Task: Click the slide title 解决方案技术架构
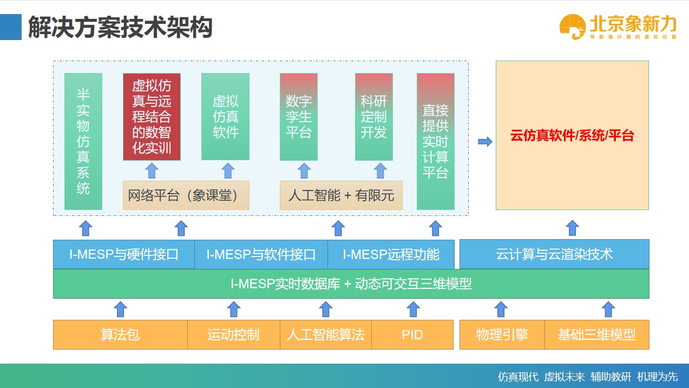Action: click(120, 27)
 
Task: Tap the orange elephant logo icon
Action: click(573, 27)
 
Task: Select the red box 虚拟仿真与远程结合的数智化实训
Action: click(152, 117)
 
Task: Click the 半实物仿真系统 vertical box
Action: click(83, 141)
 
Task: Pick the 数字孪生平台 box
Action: click(299, 117)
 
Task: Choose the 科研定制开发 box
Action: click(373, 117)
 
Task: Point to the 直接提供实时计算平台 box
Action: click(436, 141)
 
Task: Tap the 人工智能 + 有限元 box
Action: click(341, 195)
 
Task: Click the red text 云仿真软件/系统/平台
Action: click(572, 135)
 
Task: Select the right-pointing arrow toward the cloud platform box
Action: click(485, 142)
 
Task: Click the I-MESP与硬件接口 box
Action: click(124, 254)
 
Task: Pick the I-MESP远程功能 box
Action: click(391, 254)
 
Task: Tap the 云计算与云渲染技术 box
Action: click(554, 254)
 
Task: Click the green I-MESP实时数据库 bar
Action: click(351, 284)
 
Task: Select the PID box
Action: click(412, 334)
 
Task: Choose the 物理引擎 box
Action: click(502, 334)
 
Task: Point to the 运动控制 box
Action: click(233, 334)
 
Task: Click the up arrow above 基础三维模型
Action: click(608, 310)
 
